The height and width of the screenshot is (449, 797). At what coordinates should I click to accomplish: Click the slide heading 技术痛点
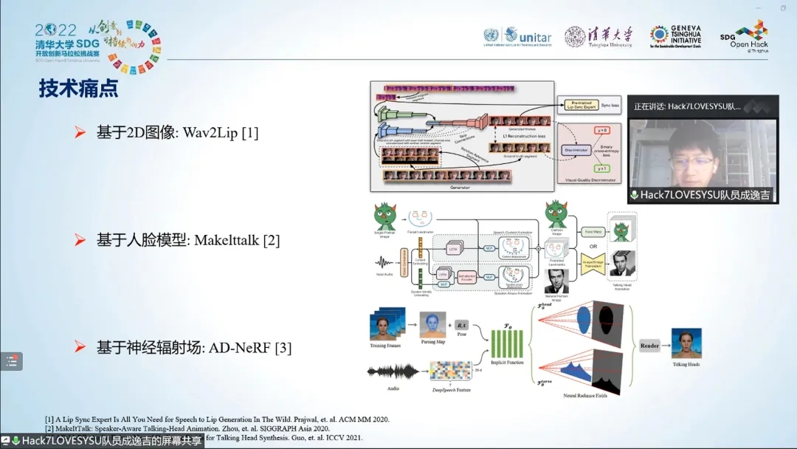point(78,89)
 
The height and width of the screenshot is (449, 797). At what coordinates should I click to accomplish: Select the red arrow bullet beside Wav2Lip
point(80,133)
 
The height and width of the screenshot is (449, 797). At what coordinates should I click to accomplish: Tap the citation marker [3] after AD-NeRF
point(283,348)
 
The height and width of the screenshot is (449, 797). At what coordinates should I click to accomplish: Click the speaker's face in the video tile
point(693,159)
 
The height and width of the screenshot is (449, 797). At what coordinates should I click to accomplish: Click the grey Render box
point(650,346)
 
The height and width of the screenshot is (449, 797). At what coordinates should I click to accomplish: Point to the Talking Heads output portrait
point(686,343)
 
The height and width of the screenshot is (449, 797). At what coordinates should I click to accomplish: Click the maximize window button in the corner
point(783,8)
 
